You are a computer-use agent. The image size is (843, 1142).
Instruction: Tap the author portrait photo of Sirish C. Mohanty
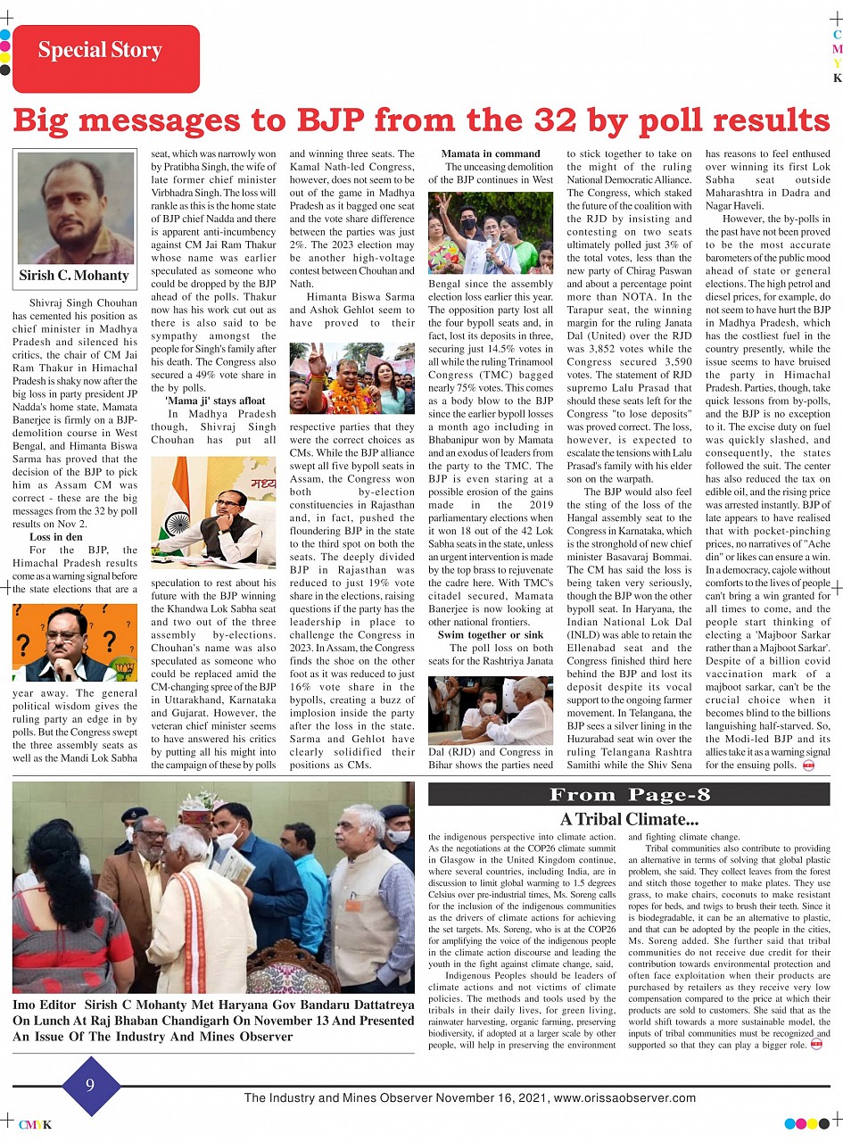75,208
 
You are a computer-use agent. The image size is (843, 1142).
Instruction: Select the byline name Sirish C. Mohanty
75,276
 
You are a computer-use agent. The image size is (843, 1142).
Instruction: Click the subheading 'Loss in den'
55,537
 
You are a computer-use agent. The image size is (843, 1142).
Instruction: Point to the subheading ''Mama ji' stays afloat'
213,401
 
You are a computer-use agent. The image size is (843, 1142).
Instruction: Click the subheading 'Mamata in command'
491,153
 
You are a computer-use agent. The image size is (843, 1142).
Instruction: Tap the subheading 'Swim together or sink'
491,634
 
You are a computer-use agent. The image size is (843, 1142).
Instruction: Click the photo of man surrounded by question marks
75,641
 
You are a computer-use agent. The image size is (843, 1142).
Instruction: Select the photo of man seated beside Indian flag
213,512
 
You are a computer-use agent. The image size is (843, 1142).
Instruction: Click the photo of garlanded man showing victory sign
351,378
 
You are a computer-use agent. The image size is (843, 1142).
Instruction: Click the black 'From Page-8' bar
629,795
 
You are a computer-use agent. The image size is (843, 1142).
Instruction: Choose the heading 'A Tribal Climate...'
629,819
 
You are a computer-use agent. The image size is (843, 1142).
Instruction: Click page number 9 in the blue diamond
90,1086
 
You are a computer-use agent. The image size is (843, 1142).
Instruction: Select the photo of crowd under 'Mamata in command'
491,232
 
